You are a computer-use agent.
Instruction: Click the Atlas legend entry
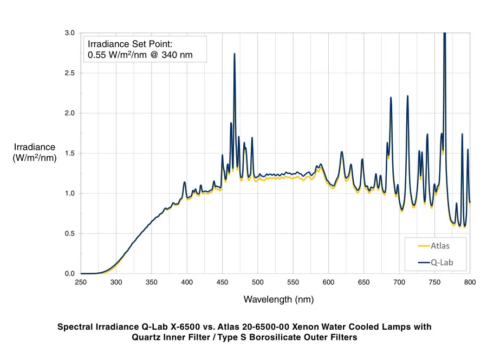coord(440,245)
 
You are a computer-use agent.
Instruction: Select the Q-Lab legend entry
coord(441,263)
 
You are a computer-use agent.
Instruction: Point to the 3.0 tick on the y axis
coord(70,33)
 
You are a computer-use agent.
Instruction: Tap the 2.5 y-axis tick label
coord(70,73)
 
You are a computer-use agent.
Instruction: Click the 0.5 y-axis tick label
coord(70,233)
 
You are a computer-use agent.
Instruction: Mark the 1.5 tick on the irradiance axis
coord(70,153)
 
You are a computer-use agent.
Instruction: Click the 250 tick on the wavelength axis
coord(81,282)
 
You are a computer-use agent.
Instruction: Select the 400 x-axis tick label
coord(187,282)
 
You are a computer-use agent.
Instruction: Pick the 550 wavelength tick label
coord(293,282)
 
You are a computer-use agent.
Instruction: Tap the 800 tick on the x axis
coord(470,282)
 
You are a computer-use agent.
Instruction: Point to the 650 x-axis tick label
coord(364,282)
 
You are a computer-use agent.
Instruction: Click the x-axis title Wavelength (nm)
coord(278,299)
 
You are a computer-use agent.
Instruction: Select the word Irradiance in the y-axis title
coord(35,147)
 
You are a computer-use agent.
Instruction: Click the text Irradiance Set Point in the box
coord(129,44)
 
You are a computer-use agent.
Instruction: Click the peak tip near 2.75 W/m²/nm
coord(234,54)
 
